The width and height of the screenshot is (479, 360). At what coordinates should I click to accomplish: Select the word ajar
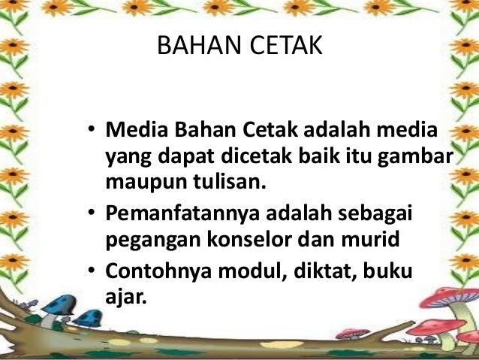123,294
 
